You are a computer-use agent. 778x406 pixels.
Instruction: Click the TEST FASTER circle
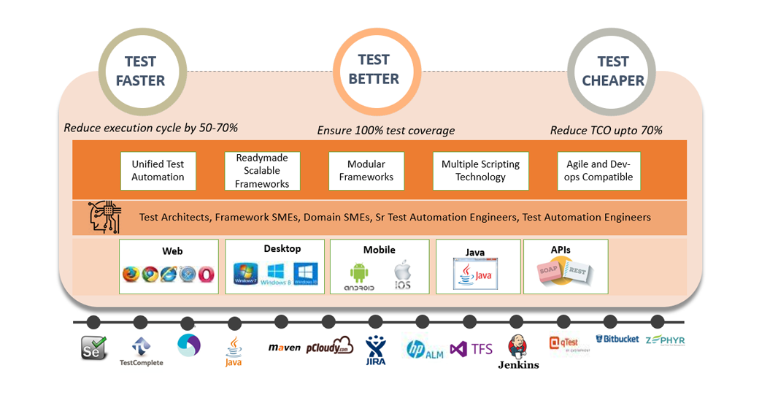140,72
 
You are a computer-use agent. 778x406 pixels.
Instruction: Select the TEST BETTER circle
374,69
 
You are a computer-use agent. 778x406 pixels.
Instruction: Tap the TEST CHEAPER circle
613,72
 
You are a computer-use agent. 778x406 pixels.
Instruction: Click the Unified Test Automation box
158,171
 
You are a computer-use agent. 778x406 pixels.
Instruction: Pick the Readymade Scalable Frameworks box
262,171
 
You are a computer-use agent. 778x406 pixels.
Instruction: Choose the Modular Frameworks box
366,171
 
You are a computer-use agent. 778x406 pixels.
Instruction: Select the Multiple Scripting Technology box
480,171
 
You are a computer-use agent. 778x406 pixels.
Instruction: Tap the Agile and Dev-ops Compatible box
598,171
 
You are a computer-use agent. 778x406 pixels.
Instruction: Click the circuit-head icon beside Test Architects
105,217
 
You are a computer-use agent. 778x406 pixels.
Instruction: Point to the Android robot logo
359,274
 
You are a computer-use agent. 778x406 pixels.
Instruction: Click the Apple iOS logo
402,275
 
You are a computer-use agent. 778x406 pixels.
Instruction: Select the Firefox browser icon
131,275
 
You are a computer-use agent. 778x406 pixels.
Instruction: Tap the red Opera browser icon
207,275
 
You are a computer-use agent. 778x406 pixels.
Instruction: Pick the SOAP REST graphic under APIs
565,274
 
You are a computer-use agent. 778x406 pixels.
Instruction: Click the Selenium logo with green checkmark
94,348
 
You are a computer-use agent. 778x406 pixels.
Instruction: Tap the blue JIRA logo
376,350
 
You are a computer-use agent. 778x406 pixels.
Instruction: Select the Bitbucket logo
617,340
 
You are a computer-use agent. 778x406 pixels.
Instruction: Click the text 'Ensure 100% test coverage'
385,131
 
